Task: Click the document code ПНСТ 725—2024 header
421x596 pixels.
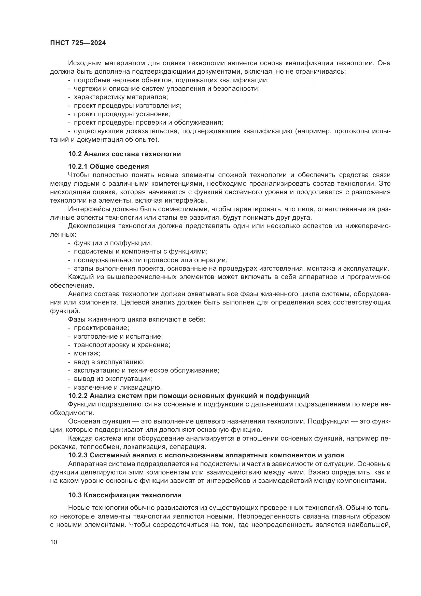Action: (78, 43)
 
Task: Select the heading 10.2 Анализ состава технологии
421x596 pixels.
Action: (124, 154)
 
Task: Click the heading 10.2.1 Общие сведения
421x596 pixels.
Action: (108, 166)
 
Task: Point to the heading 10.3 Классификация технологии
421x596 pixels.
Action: (125, 495)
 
